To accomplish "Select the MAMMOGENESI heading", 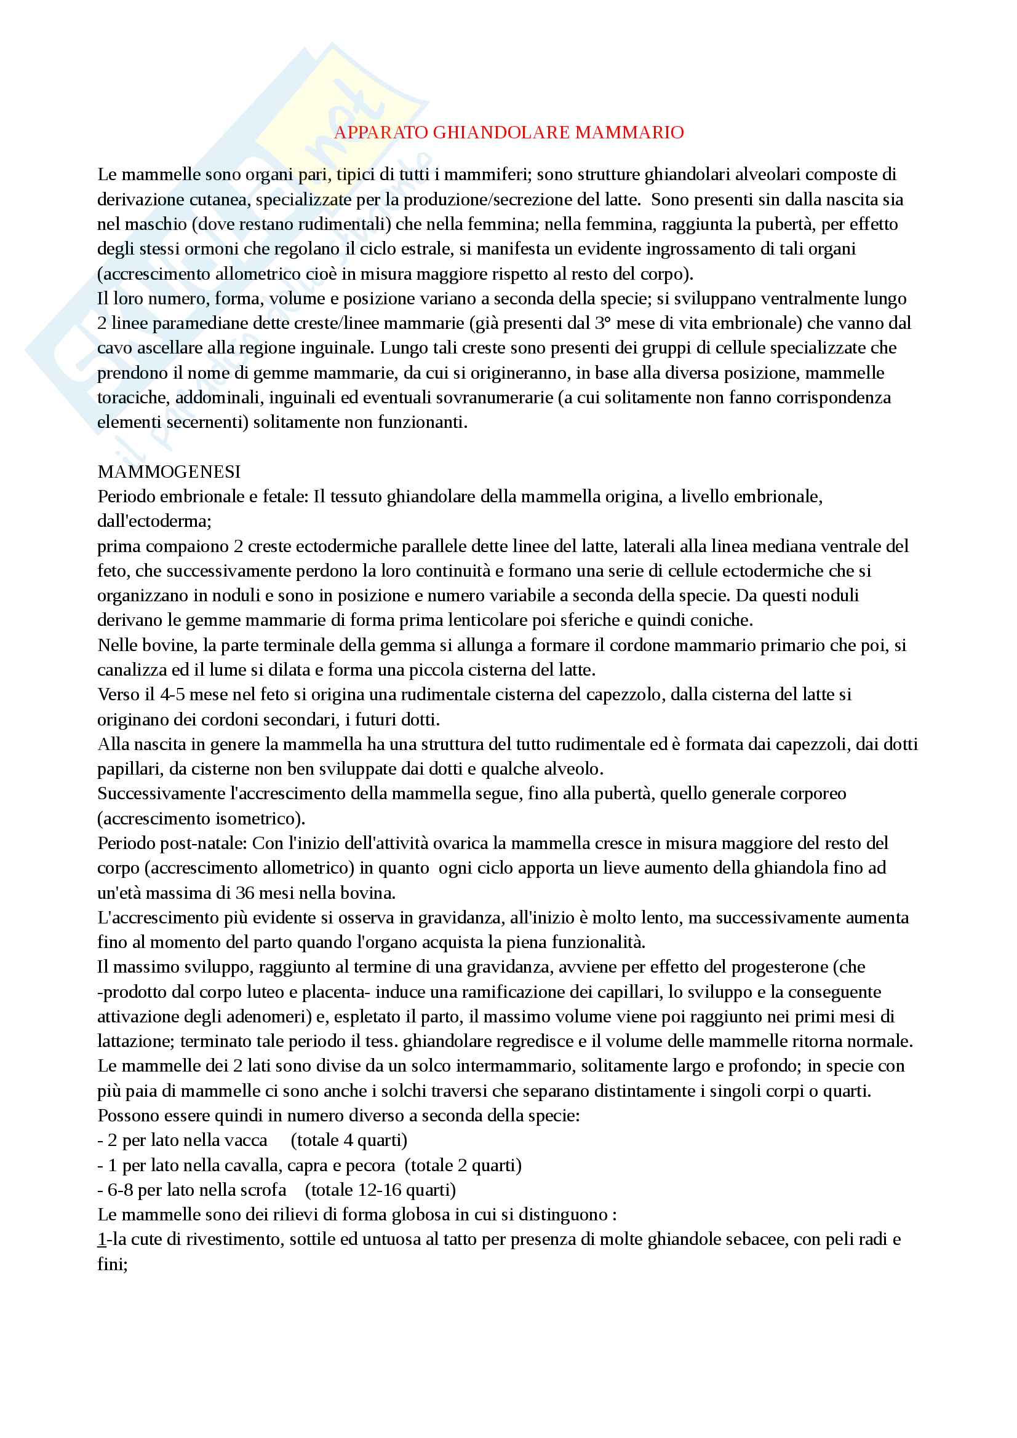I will coord(169,472).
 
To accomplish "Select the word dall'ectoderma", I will coord(153,521).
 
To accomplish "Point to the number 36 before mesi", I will coord(245,893).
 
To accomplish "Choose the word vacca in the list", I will coord(249,1140).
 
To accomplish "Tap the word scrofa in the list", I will coord(263,1190).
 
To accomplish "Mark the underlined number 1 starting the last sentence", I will coord(102,1239).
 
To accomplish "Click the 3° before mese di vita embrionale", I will coord(603,323).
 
